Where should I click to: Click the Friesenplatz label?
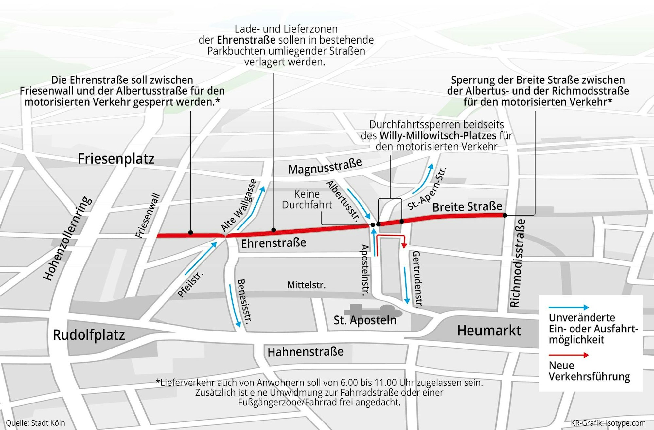[x=116, y=159]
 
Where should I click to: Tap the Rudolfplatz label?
[x=89, y=335]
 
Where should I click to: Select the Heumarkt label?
[x=489, y=331]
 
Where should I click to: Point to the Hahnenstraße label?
[x=305, y=352]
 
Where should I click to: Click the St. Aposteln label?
[x=365, y=320]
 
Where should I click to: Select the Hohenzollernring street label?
[x=67, y=238]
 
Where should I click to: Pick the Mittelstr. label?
[x=306, y=285]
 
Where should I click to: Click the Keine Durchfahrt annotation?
[x=307, y=199]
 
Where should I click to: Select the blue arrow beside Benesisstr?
[x=235, y=306]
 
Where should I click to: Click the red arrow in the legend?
[x=568, y=355]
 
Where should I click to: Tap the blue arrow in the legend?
[x=568, y=308]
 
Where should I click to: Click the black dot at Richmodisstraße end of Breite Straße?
[x=505, y=215]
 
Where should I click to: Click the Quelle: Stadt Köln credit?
[x=35, y=423]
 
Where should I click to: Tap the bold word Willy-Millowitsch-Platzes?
[x=438, y=135]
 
